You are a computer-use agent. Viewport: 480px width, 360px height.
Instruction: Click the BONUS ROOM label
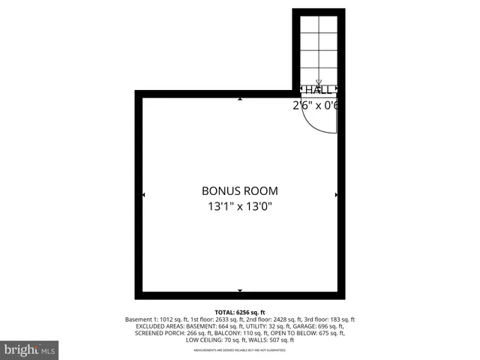[x=240, y=190]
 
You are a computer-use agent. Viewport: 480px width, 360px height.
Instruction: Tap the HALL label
[x=318, y=90]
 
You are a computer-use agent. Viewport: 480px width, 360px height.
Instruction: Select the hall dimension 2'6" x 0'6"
[x=316, y=106]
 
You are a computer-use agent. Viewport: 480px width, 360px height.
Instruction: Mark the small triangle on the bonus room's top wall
[x=240, y=98]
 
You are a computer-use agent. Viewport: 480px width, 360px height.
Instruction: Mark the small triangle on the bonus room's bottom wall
[x=240, y=290]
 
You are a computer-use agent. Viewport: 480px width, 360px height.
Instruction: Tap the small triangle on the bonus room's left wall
[x=143, y=194]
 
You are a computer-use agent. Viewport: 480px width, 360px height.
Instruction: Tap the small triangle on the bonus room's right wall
[x=336, y=194]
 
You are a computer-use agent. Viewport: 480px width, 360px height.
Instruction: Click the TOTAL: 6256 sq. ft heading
[x=240, y=311]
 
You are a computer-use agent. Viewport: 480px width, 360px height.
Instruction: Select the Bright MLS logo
[x=30, y=349]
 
